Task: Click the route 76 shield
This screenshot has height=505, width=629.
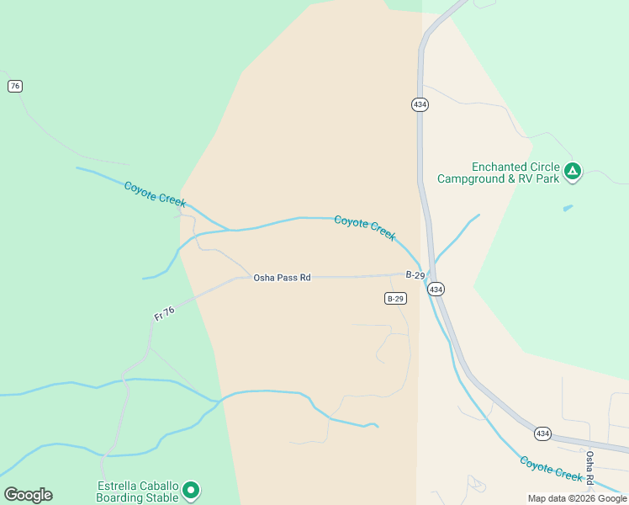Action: [x=14, y=86]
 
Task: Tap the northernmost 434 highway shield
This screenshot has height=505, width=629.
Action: [x=420, y=104]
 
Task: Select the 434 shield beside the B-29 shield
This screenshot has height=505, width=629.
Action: [x=435, y=289]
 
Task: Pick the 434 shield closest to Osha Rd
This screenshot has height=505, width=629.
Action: [x=542, y=433]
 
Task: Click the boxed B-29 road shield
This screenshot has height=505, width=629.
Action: [x=396, y=299]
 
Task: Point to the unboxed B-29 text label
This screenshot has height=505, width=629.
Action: [x=415, y=275]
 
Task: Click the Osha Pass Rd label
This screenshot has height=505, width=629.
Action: [x=283, y=277]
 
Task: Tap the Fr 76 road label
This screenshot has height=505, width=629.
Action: [x=165, y=312]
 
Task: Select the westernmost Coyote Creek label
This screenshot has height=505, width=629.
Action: [x=155, y=194]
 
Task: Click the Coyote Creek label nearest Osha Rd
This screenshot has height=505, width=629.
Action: [x=551, y=469]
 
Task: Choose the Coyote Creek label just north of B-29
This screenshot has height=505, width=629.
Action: [x=365, y=227]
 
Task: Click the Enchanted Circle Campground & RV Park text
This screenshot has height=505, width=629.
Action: [x=498, y=173]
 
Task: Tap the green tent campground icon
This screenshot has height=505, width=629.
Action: [x=573, y=172]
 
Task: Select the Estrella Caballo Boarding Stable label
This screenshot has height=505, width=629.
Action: [x=137, y=492]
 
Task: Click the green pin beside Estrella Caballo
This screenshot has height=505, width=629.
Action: [x=191, y=490]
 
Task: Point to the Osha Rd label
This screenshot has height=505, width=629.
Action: [x=590, y=466]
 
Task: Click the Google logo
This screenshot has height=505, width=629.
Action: [x=28, y=495]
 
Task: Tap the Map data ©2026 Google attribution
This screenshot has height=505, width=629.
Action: [x=577, y=498]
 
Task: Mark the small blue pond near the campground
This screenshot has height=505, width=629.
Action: [x=568, y=207]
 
